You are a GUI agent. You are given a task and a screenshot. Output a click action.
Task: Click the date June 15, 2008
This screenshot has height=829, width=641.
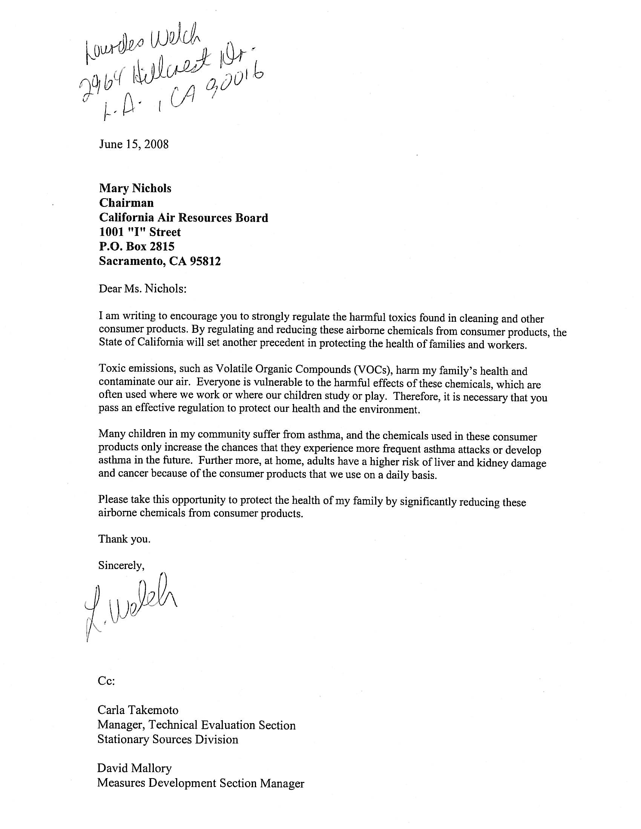(x=134, y=144)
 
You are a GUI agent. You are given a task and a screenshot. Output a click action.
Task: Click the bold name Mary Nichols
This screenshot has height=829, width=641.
(x=135, y=188)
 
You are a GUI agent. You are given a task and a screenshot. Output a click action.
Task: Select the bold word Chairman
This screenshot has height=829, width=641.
(x=126, y=203)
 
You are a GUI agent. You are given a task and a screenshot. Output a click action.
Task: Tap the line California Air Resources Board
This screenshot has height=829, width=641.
(x=183, y=217)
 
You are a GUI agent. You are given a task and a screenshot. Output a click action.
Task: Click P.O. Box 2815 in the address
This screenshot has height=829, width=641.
(x=137, y=246)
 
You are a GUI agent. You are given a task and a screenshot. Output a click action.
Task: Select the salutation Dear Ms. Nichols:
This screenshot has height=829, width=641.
(x=143, y=289)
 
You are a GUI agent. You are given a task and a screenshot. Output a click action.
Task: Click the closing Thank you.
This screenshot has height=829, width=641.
(x=124, y=539)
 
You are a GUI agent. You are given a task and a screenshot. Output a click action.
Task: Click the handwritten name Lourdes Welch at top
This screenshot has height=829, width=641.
(x=143, y=46)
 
